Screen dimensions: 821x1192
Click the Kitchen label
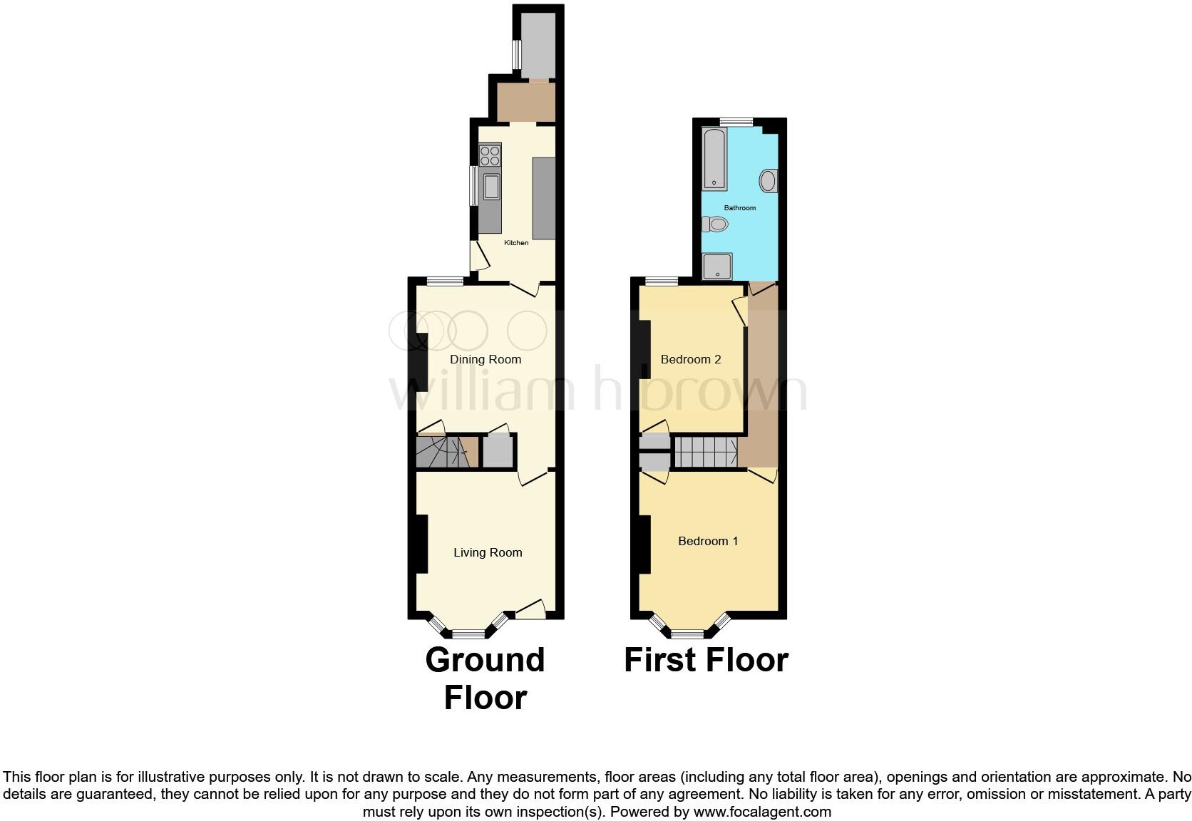pos(516,243)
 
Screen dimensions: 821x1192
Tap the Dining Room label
pos(485,359)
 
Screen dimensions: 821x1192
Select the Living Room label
pos(488,552)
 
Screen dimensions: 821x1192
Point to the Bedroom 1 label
pos(708,541)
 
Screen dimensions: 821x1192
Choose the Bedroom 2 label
pos(691,359)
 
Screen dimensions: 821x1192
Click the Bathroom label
pos(740,208)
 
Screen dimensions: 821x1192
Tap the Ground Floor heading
pos(485,678)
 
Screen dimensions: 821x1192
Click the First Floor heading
pos(706,660)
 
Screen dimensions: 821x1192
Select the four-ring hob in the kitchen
pos(490,155)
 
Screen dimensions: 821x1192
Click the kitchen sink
pos(491,187)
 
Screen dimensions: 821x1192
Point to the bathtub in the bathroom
pos(714,159)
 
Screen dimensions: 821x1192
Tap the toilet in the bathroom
pos(715,224)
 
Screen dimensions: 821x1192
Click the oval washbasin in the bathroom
pos(769,181)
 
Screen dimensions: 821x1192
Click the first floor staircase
pos(705,451)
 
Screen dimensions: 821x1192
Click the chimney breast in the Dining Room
pos(421,361)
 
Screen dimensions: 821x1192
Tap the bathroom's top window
pos(736,122)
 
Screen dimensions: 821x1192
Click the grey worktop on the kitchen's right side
pos(543,199)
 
